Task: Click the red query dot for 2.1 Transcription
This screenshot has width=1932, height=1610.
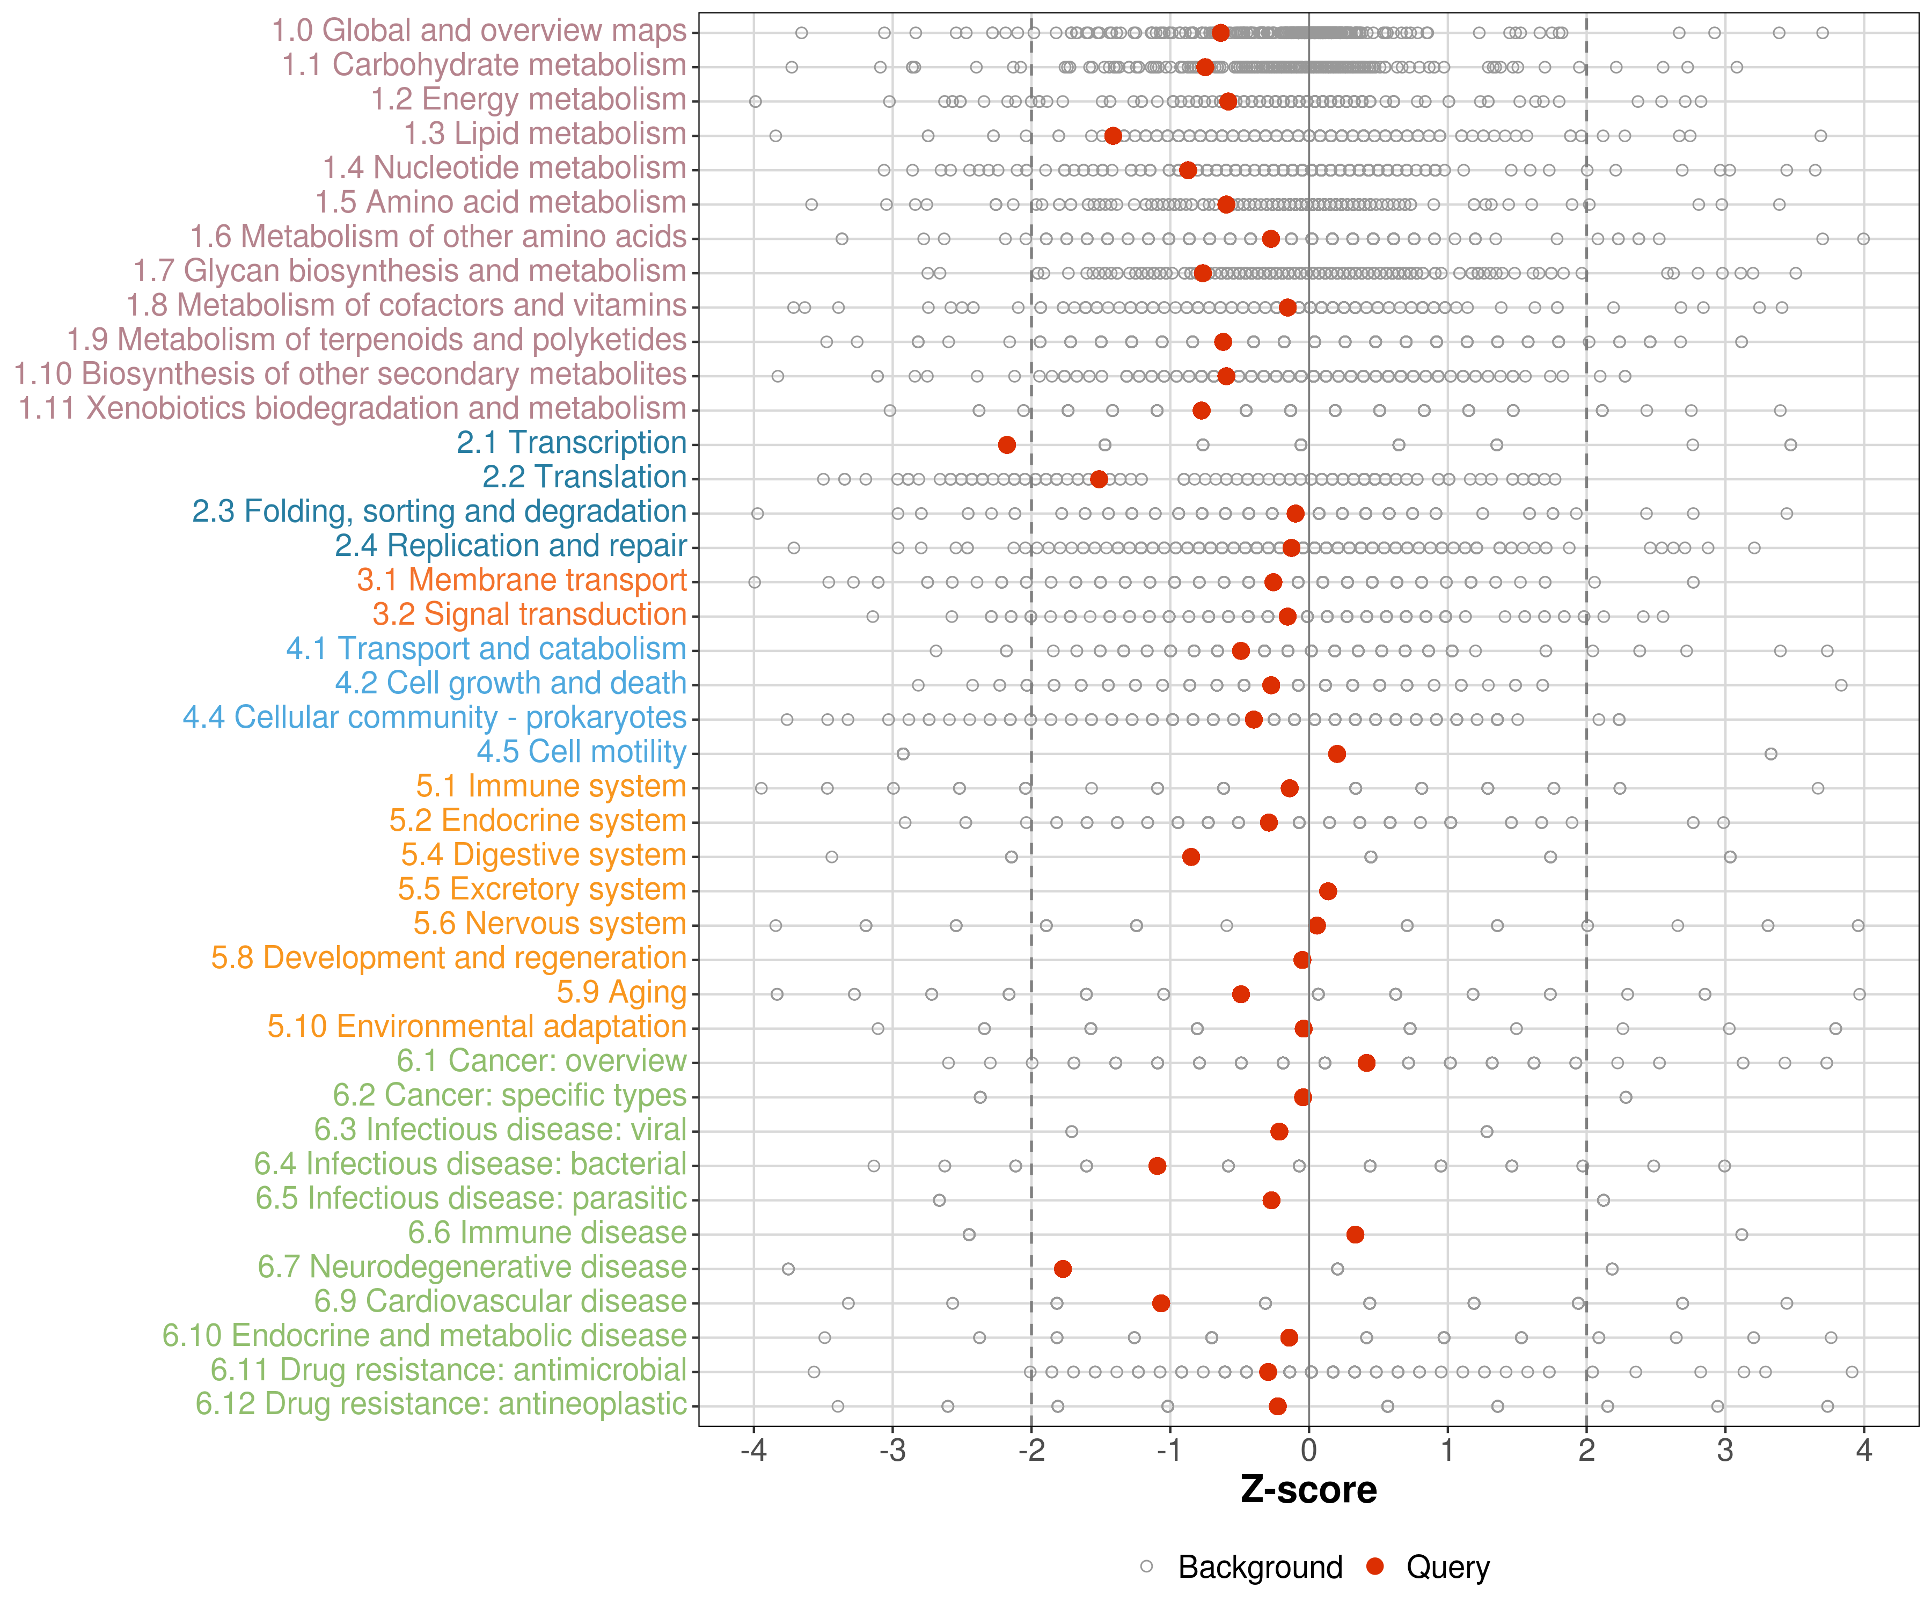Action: pos(1006,445)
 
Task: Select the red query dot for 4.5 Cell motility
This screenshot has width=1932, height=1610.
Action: pos(1337,755)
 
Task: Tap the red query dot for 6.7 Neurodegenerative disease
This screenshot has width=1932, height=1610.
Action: pos(1063,1269)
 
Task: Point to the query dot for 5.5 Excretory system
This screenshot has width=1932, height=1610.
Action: pos(1328,891)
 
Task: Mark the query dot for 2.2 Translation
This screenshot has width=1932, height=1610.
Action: pos(1099,479)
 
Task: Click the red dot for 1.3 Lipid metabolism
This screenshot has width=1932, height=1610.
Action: pos(1113,136)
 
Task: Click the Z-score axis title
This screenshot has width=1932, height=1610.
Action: pos(1308,1490)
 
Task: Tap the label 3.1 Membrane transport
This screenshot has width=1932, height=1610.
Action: pos(522,581)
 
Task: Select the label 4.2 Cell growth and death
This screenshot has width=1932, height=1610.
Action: pos(510,684)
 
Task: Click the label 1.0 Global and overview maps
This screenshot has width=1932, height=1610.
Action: pos(478,31)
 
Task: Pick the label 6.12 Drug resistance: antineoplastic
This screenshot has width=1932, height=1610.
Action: pos(441,1405)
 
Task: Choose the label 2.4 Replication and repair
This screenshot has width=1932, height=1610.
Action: pos(510,546)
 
